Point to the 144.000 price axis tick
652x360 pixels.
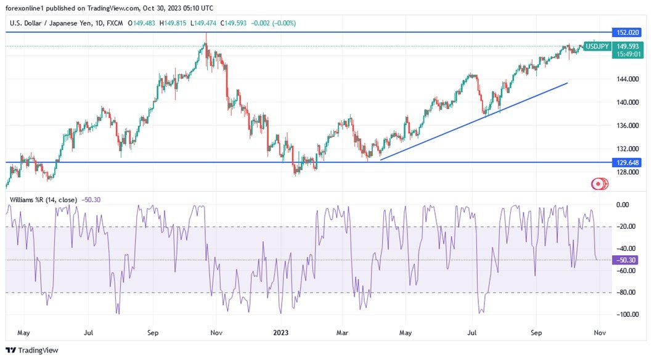click(x=626, y=79)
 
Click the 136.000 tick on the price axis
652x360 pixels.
click(x=626, y=126)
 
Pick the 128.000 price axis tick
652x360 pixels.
click(x=626, y=173)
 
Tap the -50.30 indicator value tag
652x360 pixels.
click(x=625, y=260)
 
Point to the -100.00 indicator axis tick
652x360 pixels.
click(x=625, y=314)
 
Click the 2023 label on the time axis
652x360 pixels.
click(x=281, y=333)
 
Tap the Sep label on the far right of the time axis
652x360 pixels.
click(x=537, y=333)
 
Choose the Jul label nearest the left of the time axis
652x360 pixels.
click(x=88, y=333)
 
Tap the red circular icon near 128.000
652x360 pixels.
click(x=598, y=184)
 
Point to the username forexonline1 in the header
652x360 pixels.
click(x=29, y=8)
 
